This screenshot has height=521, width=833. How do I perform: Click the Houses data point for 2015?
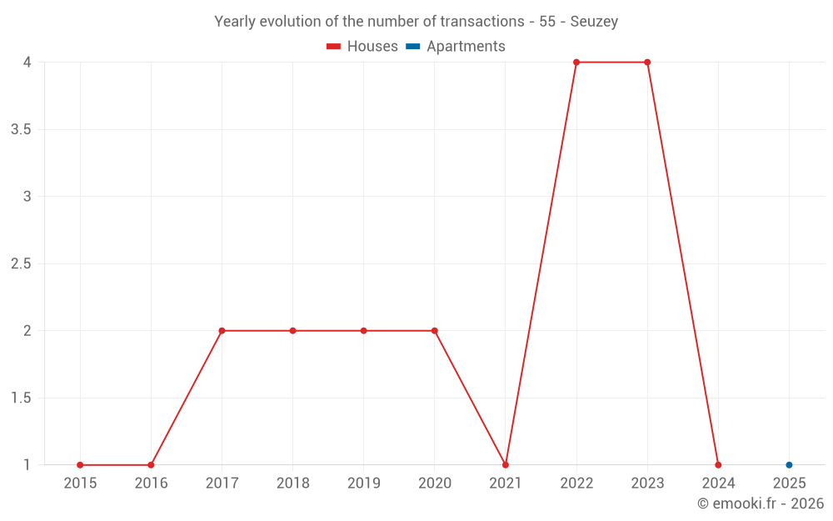coord(80,465)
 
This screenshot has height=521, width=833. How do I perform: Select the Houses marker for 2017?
coord(222,331)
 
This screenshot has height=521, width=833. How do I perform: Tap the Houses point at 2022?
coord(576,63)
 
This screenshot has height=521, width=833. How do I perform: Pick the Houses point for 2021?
coord(506,465)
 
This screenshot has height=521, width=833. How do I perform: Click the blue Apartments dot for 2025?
coord(789,465)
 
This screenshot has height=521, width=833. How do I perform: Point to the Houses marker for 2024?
coord(718,465)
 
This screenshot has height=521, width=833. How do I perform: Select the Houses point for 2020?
coord(435,331)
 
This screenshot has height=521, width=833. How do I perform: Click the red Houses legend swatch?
coord(334,47)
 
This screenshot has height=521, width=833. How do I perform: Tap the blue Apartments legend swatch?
coord(413,47)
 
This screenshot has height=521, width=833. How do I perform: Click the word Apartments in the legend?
coord(466,47)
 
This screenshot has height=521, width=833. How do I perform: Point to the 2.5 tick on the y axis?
coord(21,264)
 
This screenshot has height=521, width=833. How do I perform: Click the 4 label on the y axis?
coord(27,63)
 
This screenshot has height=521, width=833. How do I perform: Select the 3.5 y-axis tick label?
coord(21,130)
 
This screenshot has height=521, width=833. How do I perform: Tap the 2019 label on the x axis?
coord(363,483)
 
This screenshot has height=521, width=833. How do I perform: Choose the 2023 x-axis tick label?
coord(647,483)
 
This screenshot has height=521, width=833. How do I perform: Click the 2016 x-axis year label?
coord(151,483)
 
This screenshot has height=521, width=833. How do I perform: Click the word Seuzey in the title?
coord(594,22)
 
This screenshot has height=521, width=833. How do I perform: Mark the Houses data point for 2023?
coord(647,63)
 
